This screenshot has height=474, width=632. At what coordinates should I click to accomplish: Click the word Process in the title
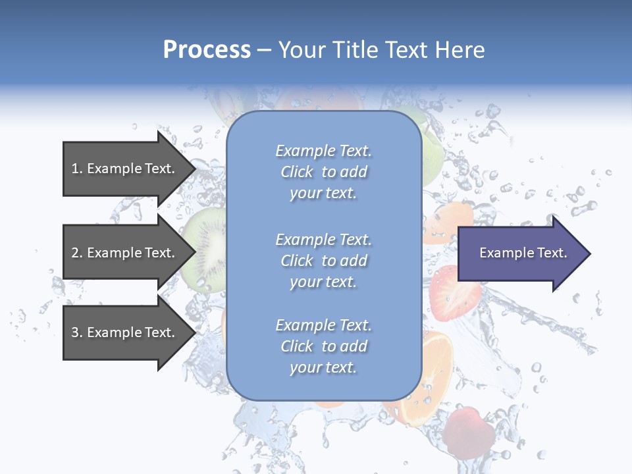tap(207, 50)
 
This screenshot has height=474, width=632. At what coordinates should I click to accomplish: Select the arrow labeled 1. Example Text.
tap(125, 169)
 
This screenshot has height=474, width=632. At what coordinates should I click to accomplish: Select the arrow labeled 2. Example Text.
tap(125, 253)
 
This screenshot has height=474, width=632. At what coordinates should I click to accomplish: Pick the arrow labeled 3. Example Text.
tap(125, 332)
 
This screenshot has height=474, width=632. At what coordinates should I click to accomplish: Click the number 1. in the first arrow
tap(77, 169)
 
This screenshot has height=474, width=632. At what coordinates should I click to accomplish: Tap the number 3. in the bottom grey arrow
tap(77, 332)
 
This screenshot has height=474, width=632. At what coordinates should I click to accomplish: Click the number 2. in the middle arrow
tap(77, 253)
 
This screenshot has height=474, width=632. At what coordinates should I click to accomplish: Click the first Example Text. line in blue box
tap(323, 151)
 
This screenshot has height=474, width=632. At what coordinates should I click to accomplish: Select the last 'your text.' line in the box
tap(323, 367)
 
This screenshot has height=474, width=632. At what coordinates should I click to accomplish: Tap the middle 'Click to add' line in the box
tap(323, 261)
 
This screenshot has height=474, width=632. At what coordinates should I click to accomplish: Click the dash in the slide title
tap(264, 50)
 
